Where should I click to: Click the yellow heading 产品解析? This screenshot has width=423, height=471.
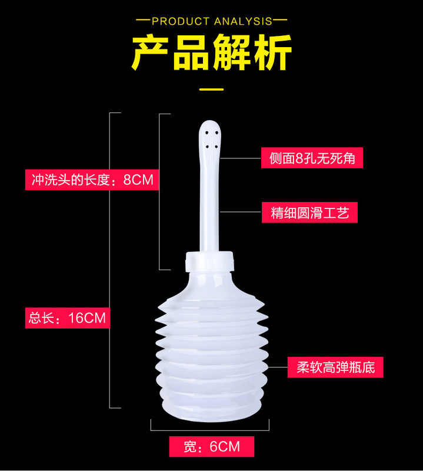211,54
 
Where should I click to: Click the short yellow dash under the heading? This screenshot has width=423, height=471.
211,89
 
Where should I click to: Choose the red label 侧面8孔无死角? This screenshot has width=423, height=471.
312,158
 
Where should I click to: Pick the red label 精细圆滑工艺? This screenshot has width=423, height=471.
309,213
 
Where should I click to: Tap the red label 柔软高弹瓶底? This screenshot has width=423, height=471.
335,367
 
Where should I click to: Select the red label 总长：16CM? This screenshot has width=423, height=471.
67,319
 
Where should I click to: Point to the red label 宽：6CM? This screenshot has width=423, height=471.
211,447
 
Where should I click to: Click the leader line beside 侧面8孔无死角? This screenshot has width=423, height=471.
241,158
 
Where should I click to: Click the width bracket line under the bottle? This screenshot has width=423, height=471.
211,430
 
